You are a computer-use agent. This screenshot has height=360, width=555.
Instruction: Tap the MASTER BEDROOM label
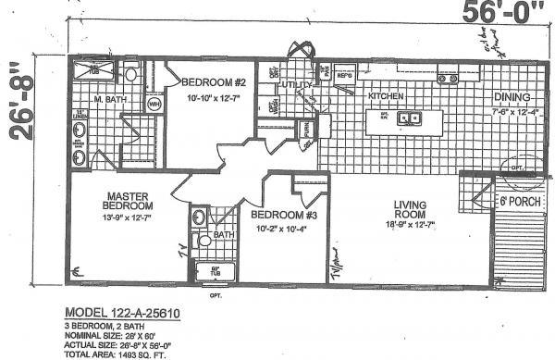pos(129,201)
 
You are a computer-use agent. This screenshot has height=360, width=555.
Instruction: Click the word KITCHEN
pos(388,96)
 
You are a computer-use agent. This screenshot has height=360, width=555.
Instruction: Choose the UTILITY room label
pos(298,85)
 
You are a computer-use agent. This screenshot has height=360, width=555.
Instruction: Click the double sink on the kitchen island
pos(410,118)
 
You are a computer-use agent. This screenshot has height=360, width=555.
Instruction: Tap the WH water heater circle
pos(154,105)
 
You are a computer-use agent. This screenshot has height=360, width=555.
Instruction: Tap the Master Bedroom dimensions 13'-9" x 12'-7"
pos(129,218)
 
